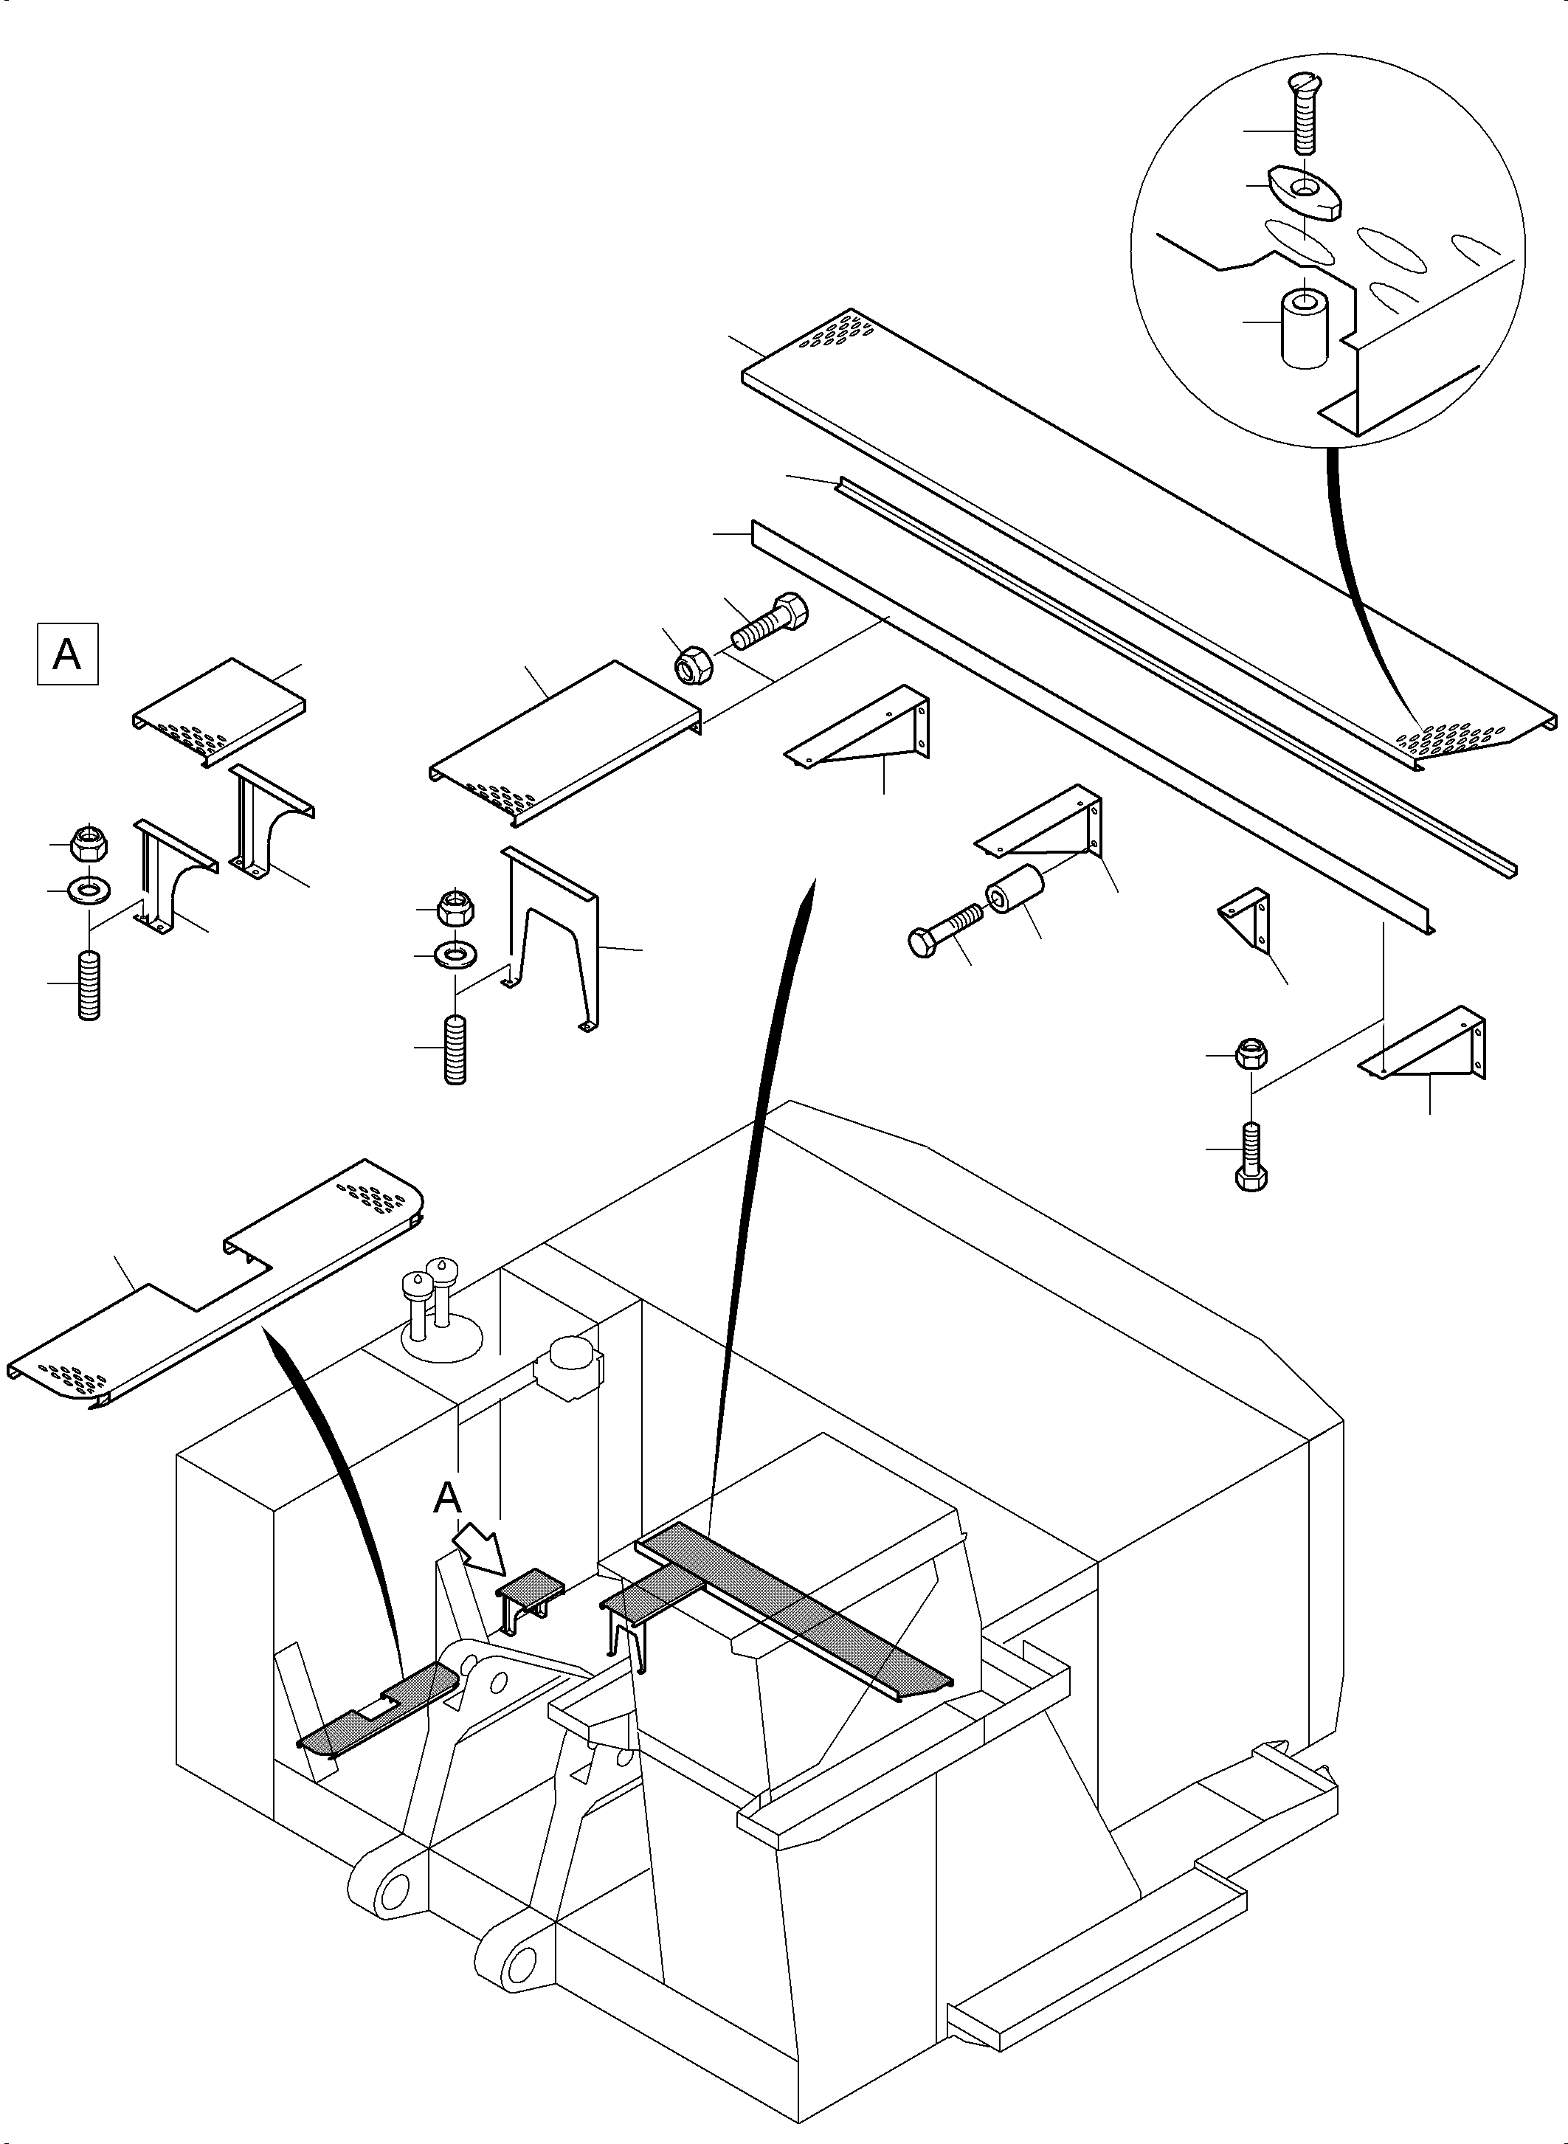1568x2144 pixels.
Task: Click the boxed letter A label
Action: (x=67, y=654)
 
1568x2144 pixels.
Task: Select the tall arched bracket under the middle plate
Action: (x=550, y=936)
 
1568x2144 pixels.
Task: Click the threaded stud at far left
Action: (x=89, y=985)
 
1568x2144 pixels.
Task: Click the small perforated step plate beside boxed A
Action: (x=219, y=711)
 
